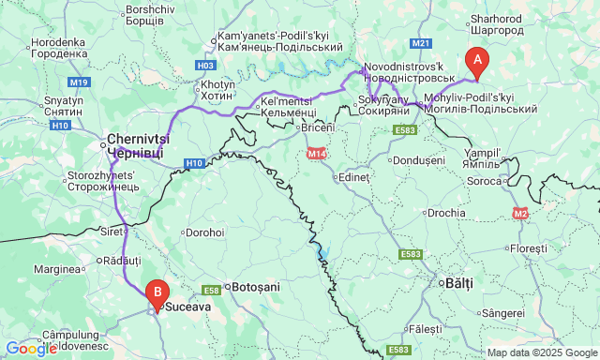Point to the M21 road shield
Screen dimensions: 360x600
point(420,43)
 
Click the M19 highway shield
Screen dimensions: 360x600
point(79,82)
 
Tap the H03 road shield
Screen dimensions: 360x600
point(206,66)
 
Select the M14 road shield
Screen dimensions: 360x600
point(315,154)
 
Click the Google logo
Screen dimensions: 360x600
point(31,349)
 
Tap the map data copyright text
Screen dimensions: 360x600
point(542,352)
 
